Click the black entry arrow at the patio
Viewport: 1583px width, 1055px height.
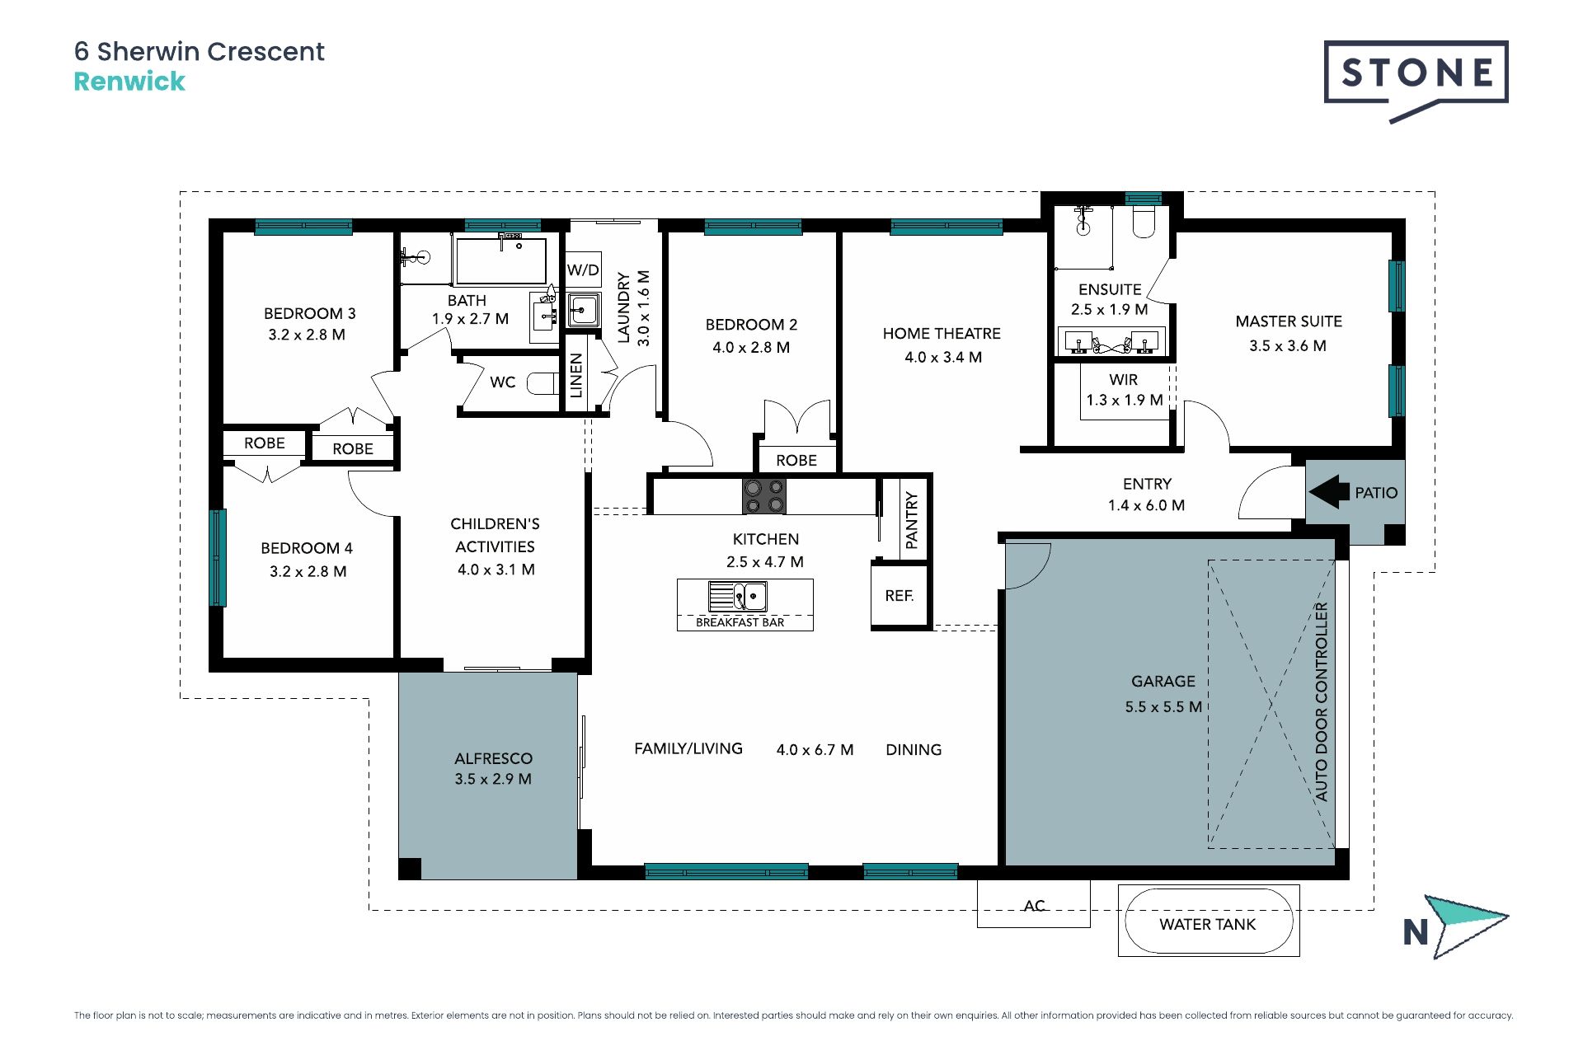tap(1329, 492)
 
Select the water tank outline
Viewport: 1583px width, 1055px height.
tap(1209, 921)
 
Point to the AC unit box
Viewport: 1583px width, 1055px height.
tap(1034, 903)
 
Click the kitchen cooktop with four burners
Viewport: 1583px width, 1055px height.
tap(764, 496)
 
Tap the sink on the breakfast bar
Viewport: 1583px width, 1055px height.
tap(738, 596)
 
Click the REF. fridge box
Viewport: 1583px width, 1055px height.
tap(900, 595)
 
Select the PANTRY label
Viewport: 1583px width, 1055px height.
tap(911, 520)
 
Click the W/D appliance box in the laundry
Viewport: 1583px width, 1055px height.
tap(583, 270)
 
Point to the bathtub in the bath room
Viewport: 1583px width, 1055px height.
tap(500, 260)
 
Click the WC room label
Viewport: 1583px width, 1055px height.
tap(502, 382)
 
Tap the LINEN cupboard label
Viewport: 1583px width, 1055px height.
tap(576, 375)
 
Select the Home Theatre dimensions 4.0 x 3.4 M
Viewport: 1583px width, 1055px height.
tap(943, 357)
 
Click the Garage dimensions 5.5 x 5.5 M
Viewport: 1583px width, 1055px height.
tap(1163, 706)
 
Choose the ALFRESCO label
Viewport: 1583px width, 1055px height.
tap(493, 758)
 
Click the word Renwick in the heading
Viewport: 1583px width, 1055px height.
tap(129, 82)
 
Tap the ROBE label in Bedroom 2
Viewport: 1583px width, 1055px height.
tap(796, 460)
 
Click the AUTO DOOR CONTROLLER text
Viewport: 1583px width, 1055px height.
tap(1322, 702)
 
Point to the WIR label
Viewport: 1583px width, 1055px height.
tap(1124, 379)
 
